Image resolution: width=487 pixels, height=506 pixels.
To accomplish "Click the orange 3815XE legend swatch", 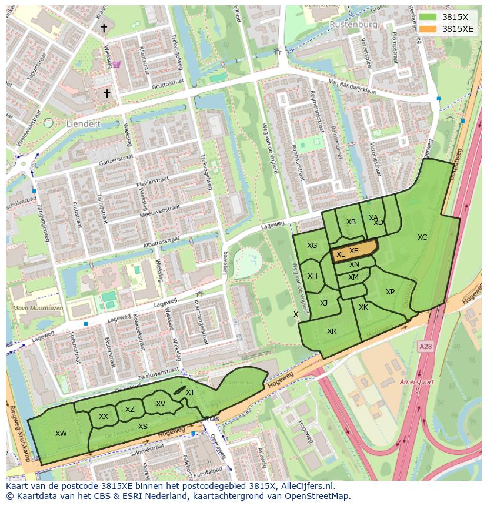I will point(428,29).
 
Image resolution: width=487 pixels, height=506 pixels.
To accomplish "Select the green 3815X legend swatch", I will point(428,17).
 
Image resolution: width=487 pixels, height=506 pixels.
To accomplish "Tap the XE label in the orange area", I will point(354,251).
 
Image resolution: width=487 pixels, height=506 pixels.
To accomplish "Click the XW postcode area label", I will point(61,434).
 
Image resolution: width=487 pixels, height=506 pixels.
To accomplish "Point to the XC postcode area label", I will point(422,237).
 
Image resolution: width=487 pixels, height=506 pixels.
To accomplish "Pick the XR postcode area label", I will point(332,331).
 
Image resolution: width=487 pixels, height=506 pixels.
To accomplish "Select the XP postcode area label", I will point(390,292).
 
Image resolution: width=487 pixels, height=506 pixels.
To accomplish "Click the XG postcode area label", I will point(312,246).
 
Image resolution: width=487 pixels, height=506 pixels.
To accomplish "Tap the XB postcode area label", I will point(351,222).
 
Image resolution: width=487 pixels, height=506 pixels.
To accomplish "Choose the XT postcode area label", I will point(190,393).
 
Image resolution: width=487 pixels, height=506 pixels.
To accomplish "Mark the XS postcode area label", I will point(143,427).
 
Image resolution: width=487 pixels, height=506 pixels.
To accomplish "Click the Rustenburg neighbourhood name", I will point(353,25).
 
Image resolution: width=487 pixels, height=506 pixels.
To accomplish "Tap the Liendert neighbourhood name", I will point(84,125).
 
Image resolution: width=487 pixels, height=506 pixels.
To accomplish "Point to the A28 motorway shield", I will point(425,347).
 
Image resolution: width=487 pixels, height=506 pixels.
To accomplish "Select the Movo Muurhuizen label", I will point(38,307).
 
